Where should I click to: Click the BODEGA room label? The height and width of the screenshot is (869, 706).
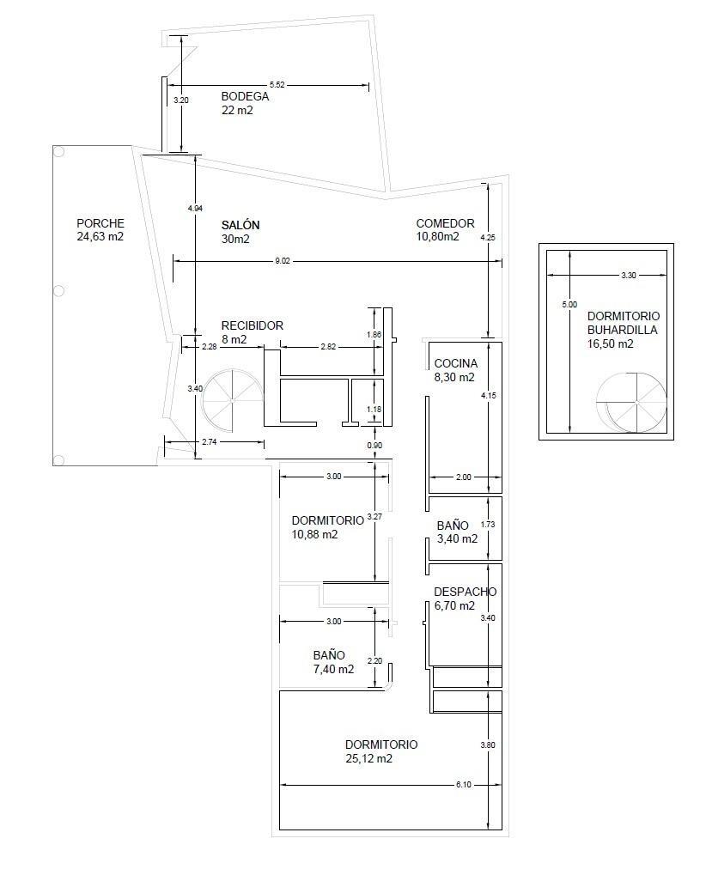[245, 96]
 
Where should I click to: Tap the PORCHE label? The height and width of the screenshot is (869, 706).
[100, 223]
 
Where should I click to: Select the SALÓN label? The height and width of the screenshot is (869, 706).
[240, 225]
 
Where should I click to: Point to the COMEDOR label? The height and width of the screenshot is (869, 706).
[445, 223]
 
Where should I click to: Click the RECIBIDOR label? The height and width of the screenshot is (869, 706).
[253, 326]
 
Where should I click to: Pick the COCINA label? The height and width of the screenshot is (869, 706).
[455, 363]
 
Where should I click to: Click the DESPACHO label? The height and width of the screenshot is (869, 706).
[465, 592]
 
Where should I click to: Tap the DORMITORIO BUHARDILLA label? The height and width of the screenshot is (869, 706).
[624, 323]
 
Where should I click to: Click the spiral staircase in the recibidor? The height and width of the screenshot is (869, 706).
[230, 400]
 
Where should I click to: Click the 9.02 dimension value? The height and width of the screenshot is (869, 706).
[283, 261]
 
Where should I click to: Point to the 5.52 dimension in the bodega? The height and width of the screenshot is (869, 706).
[277, 85]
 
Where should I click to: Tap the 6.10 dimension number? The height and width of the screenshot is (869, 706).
[463, 785]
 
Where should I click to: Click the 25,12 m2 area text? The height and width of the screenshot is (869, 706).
[368, 759]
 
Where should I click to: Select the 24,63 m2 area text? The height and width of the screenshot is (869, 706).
[100, 237]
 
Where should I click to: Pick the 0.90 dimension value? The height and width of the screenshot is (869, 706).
[374, 446]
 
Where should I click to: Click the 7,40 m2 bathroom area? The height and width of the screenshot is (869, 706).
[333, 670]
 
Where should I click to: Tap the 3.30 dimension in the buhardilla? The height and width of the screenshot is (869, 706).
[629, 276]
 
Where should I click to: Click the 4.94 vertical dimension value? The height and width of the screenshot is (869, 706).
[195, 209]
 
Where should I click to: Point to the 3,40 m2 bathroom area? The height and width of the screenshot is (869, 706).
[457, 538]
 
